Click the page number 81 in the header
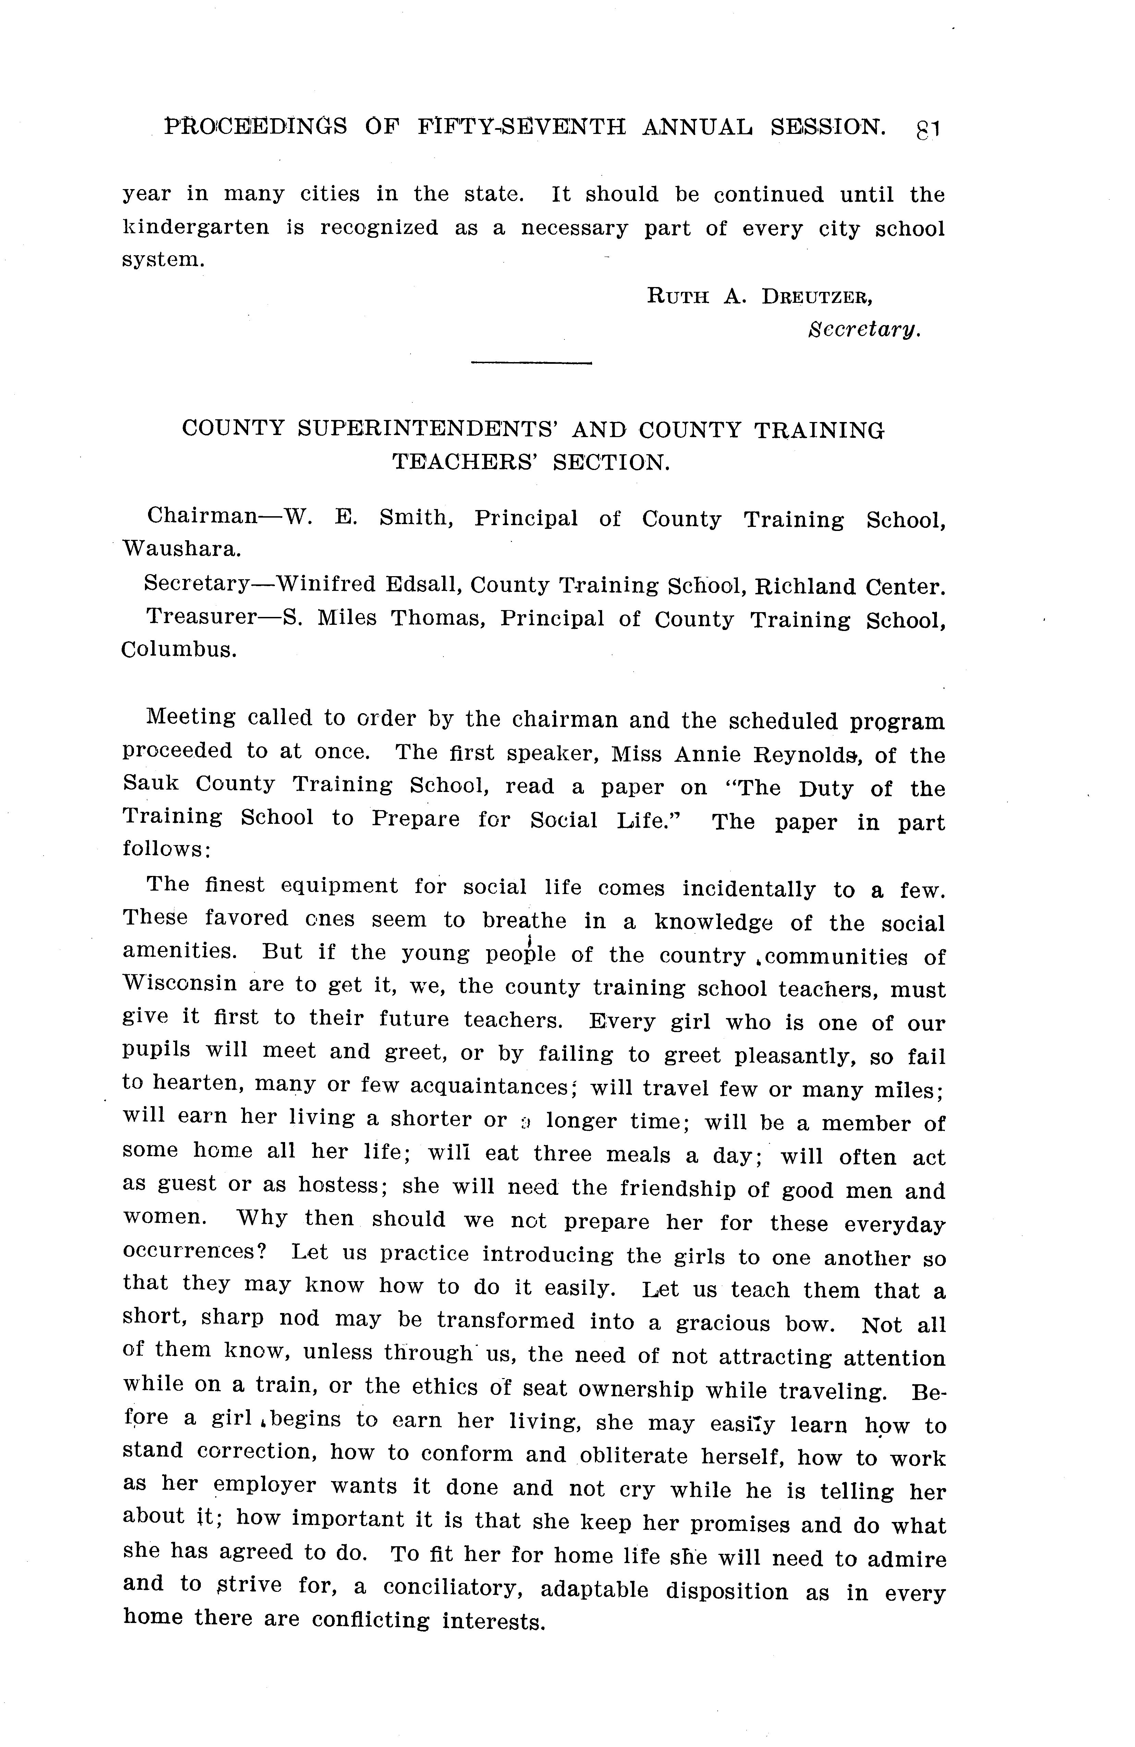928,130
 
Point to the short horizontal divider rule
531,363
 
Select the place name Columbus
179,651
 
